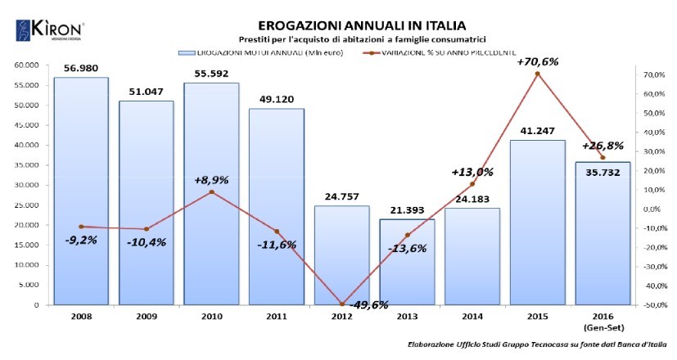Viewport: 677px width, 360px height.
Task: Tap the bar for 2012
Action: click(341, 254)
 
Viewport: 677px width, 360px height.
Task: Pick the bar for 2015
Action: click(537, 222)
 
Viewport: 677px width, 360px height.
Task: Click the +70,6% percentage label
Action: click(537, 61)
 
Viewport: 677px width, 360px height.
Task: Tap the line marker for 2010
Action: click(211, 192)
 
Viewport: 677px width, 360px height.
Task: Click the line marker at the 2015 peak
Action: click(537, 74)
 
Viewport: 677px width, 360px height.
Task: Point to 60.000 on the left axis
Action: click(26, 65)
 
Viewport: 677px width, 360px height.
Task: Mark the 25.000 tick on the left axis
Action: click(26, 205)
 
